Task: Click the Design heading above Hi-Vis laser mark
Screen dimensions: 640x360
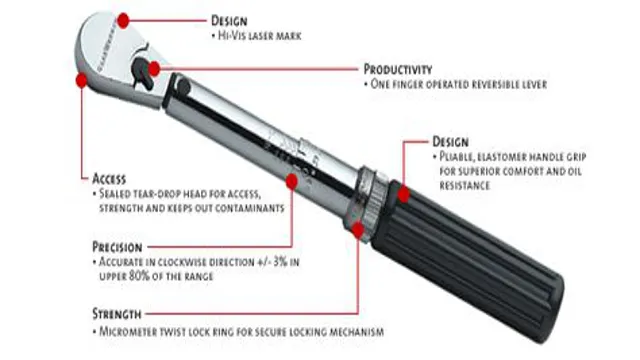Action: [229, 21]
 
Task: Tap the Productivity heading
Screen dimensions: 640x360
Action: [398, 69]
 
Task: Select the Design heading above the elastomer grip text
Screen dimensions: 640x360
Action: [450, 142]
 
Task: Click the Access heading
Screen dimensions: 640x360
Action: [109, 179]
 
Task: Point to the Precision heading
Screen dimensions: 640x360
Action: [117, 247]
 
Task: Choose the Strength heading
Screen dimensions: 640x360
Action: [117, 314]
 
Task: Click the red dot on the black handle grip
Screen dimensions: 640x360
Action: [404, 195]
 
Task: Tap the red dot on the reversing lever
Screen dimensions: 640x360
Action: [154, 69]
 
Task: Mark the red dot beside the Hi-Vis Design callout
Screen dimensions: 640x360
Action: [123, 20]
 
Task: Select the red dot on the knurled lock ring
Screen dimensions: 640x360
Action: [358, 231]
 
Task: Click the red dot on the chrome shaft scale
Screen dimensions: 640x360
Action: [291, 182]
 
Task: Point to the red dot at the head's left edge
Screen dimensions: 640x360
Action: [82, 80]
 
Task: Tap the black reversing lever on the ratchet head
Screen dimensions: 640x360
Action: [143, 73]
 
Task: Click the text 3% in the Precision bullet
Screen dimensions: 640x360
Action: [280, 262]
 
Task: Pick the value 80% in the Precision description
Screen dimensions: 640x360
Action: [139, 276]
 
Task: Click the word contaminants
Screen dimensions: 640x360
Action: [249, 208]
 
